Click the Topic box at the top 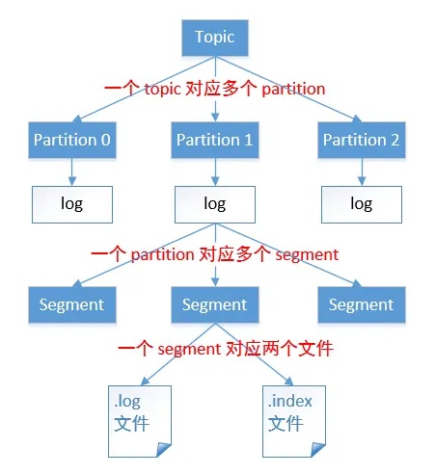pyautogui.click(x=214, y=38)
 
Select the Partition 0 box pyautogui.click(x=71, y=140)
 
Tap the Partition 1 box pyautogui.click(x=214, y=140)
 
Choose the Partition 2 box pyautogui.click(x=361, y=140)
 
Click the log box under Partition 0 pyautogui.click(x=71, y=204)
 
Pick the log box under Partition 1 pyautogui.click(x=214, y=204)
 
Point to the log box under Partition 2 pyautogui.click(x=361, y=204)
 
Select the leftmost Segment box pyautogui.click(x=71, y=304)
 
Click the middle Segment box pyautogui.click(x=214, y=304)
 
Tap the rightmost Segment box pyautogui.click(x=361, y=304)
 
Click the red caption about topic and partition pyautogui.click(x=214, y=89)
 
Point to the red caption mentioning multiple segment pyautogui.click(x=214, y=254)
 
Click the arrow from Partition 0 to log pyautogui.click(x=71, y=171)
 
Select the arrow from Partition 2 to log pyautogui.click(x=361, y=171)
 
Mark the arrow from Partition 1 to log pyautogui.click(x=214, y=171)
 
